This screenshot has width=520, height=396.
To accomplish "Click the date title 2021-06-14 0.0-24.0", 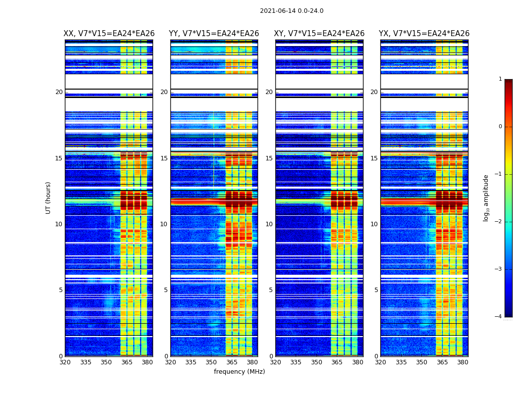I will [291, 11].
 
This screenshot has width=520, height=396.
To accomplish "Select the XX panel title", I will [109, 34].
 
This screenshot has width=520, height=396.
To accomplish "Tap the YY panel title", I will [214, 34].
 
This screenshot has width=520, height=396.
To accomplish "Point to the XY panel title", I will [319, 34].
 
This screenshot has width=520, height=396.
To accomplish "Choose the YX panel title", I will [424, 34].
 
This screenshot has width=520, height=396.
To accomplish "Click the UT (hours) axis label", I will [49, 198].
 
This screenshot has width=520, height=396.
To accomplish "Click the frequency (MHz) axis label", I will [239, 372].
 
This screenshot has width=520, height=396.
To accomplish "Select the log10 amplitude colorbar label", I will [486, 198].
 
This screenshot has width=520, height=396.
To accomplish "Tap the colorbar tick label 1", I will [500, 79].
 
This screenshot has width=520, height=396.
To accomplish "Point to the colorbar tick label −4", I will [499, 317].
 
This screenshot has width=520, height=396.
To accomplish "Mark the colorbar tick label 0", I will [500, 127].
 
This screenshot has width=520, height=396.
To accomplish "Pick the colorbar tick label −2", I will [499, 222].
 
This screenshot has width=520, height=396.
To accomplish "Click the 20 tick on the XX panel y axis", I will [59, 92].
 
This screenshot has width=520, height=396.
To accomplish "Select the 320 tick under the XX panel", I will [65, 362].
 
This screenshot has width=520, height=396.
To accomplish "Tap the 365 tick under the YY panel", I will [232, 362].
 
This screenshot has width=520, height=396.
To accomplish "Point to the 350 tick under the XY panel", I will [316, 362].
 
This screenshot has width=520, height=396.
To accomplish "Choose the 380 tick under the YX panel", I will [463, 362].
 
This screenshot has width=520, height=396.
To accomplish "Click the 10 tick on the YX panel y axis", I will [373, 224].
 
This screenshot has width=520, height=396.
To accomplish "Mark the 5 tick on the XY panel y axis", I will [271, 290].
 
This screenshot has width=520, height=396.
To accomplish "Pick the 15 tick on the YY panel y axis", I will [164, 158].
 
